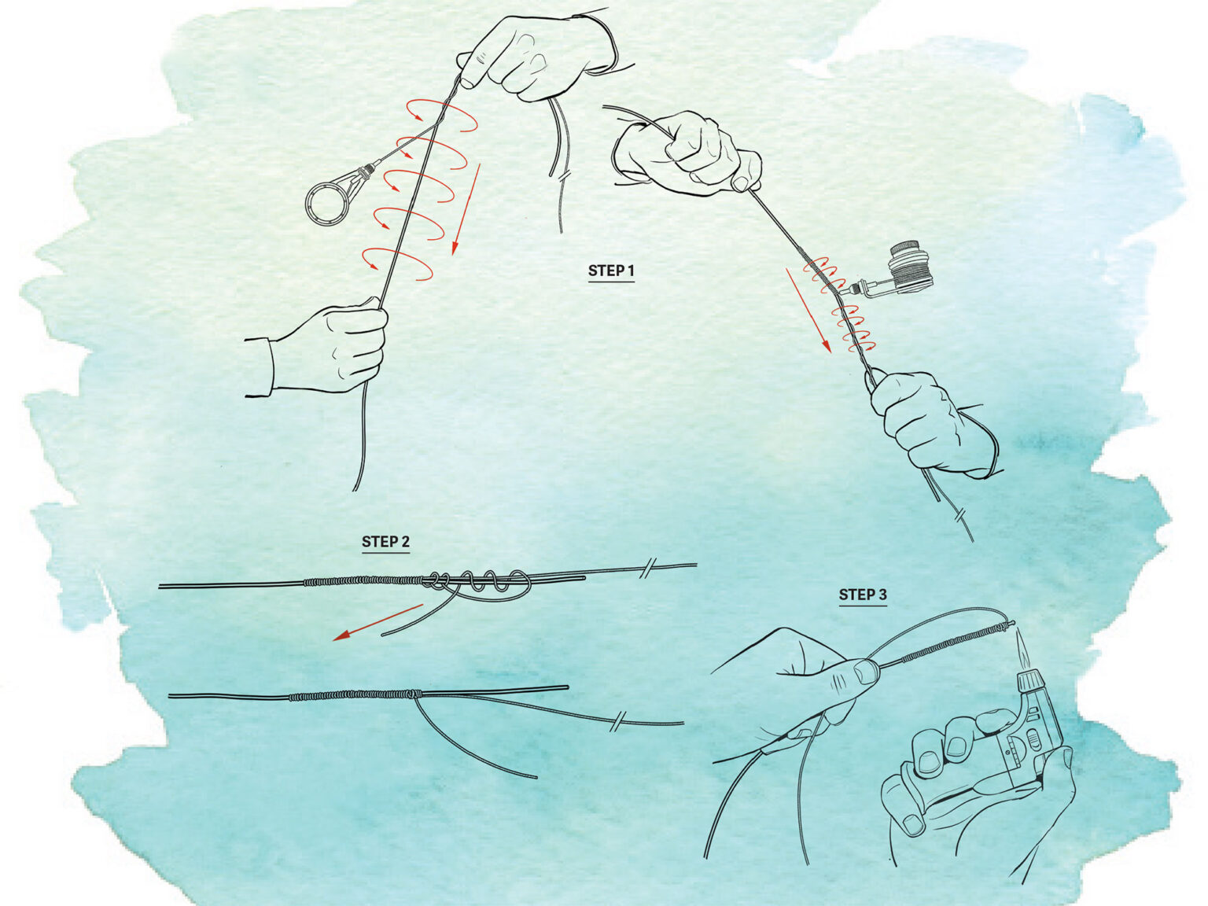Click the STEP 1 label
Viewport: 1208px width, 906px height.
click(x=611, y=271)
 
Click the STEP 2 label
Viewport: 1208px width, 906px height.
click(x=385, y=542)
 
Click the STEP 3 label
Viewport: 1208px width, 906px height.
click(x=863, y=595)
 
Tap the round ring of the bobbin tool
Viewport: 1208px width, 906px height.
click(x=325, y=200)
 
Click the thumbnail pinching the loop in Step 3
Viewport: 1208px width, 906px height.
click(x=865, y=671)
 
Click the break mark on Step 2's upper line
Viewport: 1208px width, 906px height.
click(x=649, y=569)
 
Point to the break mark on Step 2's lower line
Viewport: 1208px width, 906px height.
click(x=621, y=719)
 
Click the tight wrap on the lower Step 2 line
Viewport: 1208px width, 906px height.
click(x=354, y=696)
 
